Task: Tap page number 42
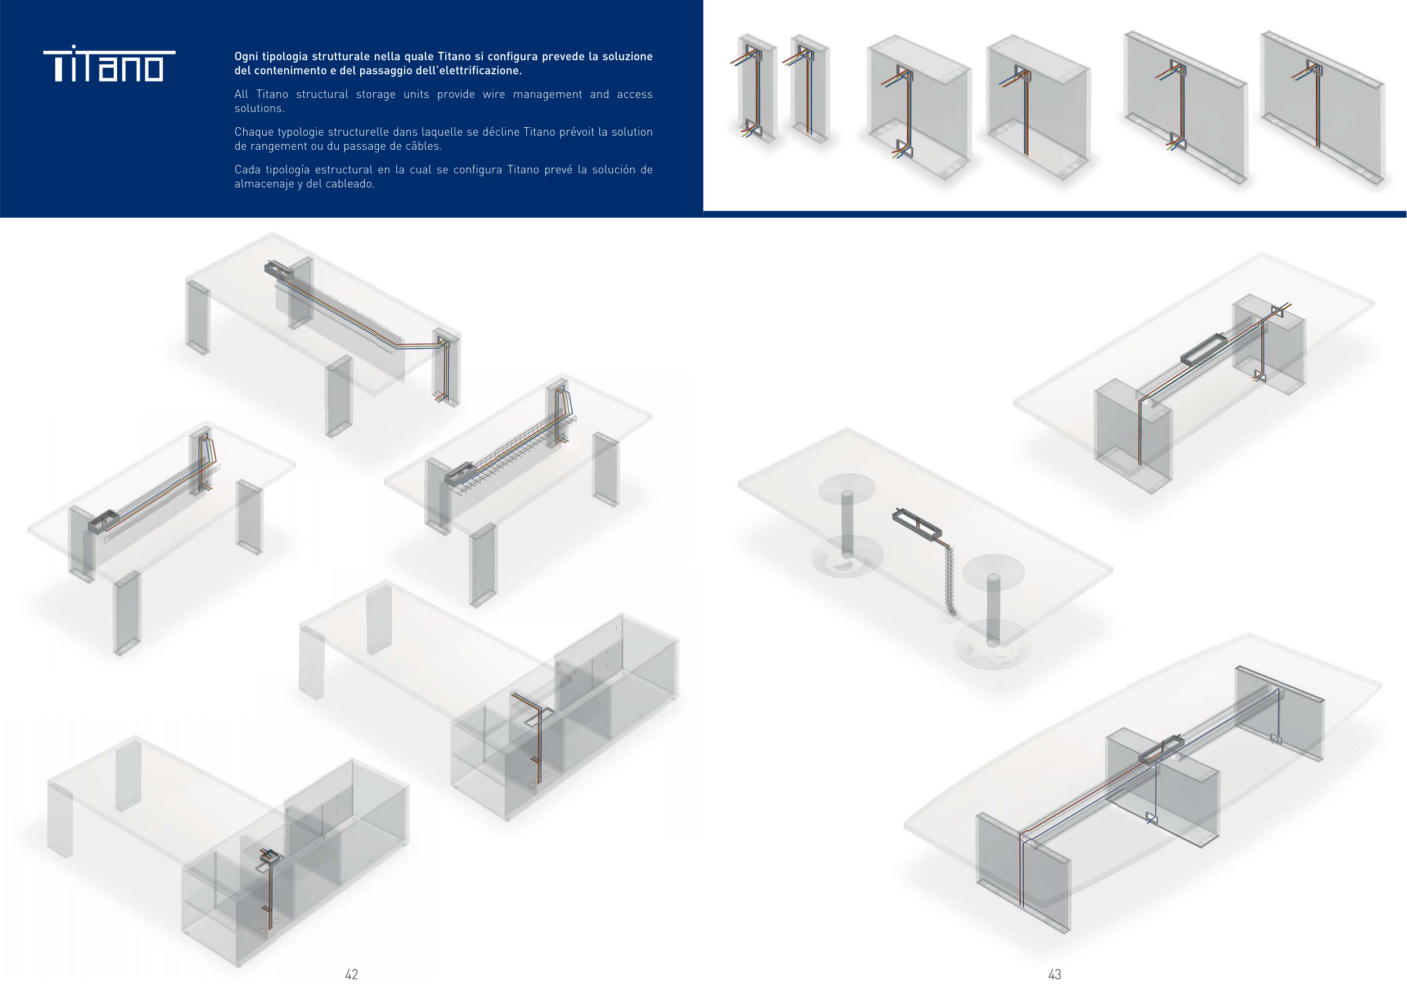point(352,974)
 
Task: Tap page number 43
point(1055,974)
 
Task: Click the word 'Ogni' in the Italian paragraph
point(247,57)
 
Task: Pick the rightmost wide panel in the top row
point(1323,107)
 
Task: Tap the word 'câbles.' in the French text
point(422,146)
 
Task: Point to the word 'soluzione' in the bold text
point(628,57)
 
